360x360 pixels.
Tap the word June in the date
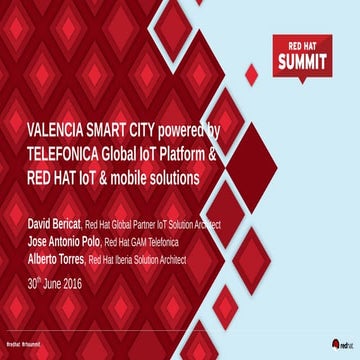(64, 283)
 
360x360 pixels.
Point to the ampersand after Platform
(239, 154)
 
